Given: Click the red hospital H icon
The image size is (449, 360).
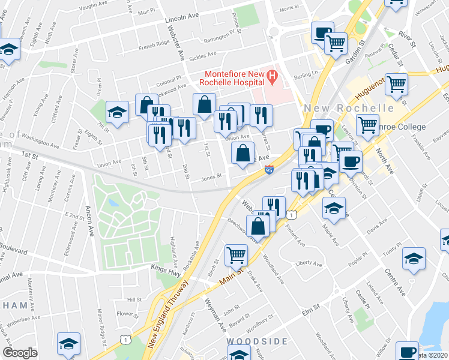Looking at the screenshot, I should (272, 77).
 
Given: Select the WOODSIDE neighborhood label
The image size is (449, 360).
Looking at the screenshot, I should (257, 341).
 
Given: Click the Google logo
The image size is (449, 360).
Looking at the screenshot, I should (20, 353).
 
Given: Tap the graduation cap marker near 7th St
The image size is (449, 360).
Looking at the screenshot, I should (117, 112).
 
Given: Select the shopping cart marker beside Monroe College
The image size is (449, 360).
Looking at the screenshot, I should (367, 125).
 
